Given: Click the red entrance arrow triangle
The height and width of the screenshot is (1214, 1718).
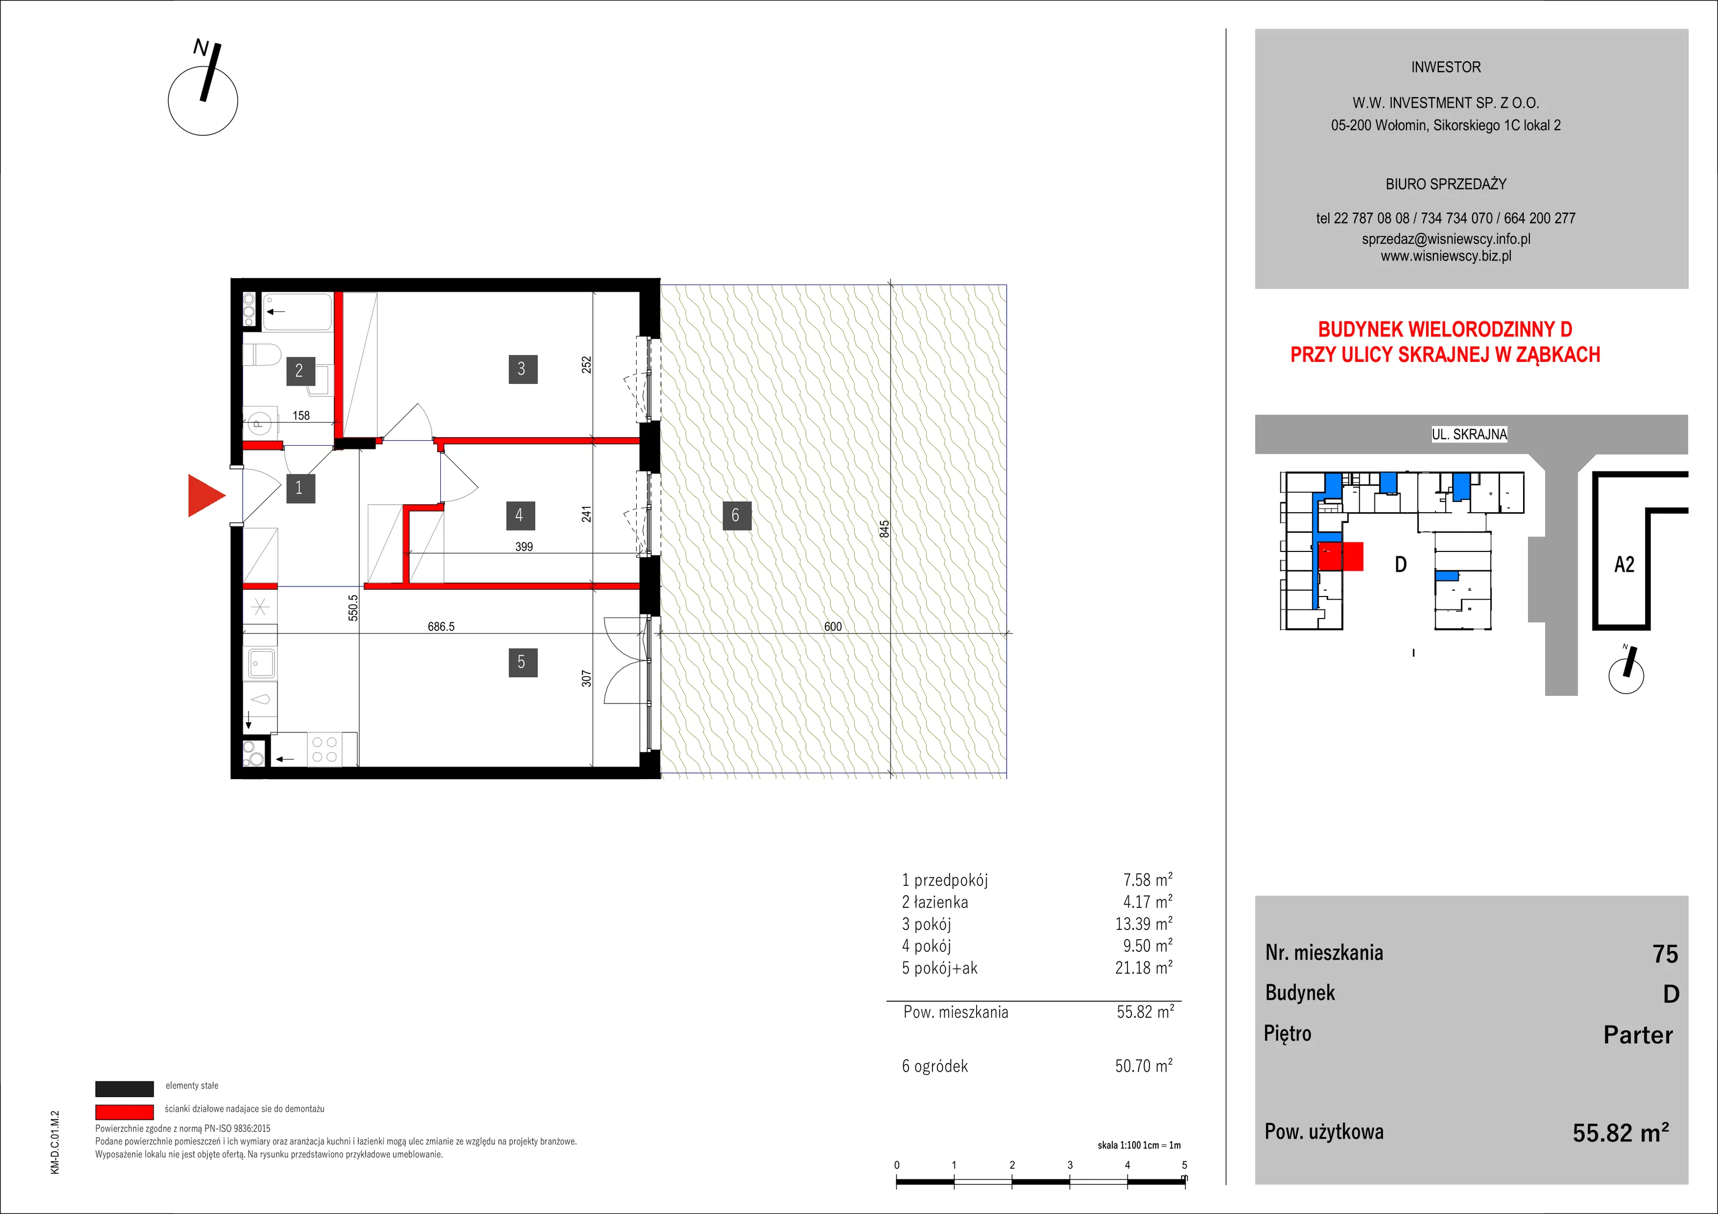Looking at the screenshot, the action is pos(206,496).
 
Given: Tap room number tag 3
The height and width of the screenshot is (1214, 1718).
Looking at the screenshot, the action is pos(522,369).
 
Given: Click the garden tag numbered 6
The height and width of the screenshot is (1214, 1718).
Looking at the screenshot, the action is pos(736,515).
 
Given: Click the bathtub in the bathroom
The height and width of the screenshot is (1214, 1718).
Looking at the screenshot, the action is pos(297,312).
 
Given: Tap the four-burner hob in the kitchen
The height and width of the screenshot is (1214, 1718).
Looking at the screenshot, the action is pos(324,749).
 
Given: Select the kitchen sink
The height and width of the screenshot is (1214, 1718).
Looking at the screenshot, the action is pos(260,663).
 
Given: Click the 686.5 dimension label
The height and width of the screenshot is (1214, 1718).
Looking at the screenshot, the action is pos(441,627).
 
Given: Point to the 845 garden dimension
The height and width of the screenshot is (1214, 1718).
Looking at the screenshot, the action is pos(884,529).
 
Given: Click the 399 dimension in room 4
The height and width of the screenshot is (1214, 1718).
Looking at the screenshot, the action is pos(524,547).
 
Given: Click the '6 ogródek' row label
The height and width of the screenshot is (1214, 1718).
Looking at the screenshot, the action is pos(935,1066).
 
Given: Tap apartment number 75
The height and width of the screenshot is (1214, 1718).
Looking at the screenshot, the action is pos(1665,954).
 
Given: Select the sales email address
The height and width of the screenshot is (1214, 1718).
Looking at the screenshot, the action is pos(1446,239).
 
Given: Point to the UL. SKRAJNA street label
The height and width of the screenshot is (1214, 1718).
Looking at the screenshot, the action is pos(1469,434).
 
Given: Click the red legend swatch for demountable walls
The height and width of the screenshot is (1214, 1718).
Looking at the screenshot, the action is pos(124,1112).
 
